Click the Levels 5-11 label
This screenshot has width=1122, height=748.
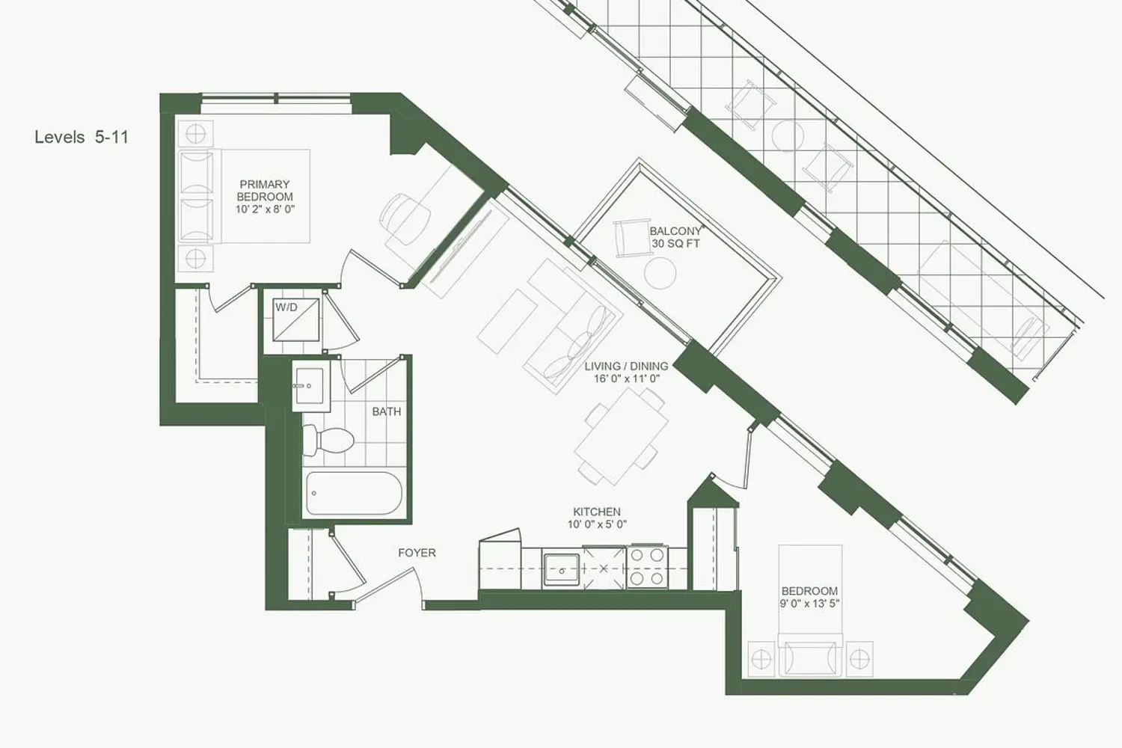coord(82,138)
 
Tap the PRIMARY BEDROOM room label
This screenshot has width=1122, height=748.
coord(265,191)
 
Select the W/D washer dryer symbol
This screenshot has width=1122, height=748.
coord(296,319)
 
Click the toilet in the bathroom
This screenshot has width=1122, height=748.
coord(328,440)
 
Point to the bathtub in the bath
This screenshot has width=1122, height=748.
coord(354,493)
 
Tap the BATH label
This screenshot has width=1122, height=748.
coord(386,412)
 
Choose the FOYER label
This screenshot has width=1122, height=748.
coord(417,553)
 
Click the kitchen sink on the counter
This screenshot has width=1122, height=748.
coord(562,569)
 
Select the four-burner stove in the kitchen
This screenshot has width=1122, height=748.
coord(647,566)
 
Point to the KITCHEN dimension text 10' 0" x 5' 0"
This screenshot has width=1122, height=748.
coord(597,524)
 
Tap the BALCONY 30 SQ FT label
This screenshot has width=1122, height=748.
coord(676,237)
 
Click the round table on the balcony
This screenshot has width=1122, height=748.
coord(660,273)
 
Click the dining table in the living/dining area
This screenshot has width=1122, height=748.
coord(621,437)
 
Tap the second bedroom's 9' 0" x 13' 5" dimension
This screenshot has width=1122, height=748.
coord(809,604)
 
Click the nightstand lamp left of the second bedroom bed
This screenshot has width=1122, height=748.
coord(761,659)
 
